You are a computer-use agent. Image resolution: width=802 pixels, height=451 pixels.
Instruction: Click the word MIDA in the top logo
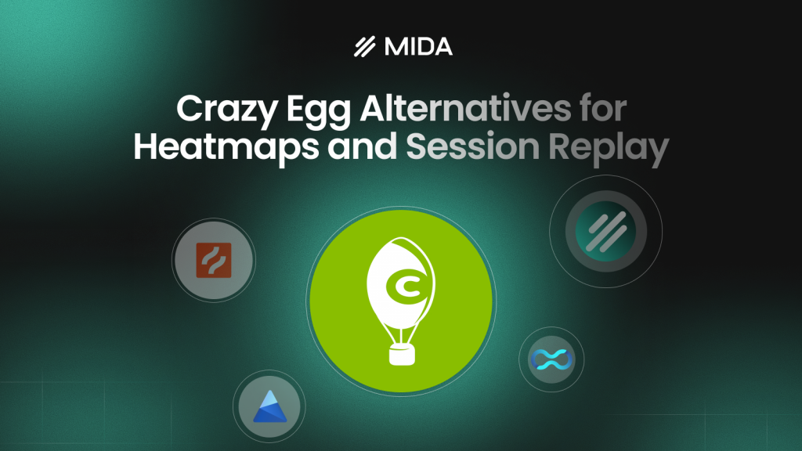[x=418, y=47]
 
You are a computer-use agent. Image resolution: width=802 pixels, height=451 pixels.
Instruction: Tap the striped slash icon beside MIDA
[x=364, y=47]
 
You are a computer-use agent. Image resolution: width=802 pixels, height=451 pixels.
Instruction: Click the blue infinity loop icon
[x=551, y=359]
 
